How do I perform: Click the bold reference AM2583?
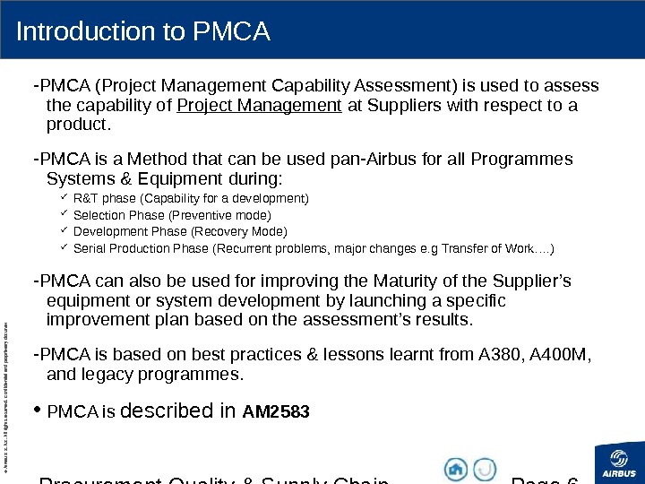[276, 413]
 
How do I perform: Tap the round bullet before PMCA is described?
[37, 411]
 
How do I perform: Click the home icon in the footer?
[456, 469]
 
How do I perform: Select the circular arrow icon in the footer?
[485, 469]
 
